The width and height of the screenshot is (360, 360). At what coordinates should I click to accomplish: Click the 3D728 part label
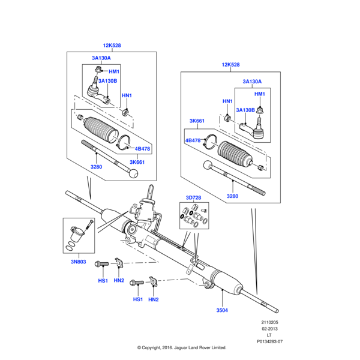click(194, 197)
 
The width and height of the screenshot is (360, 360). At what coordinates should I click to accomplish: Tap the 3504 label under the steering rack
click(222, 311)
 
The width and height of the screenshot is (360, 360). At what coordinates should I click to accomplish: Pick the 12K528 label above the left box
click(112, 46)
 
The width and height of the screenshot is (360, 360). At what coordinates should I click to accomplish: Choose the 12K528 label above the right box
click(230, 64)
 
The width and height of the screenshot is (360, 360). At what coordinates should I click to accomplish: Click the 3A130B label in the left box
click(108, 81)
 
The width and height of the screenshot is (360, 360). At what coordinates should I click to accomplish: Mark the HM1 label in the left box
click(114, 71)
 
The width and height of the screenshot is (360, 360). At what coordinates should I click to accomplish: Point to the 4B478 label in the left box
click(142, 149)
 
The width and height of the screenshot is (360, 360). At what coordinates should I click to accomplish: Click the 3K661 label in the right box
click(197, 121)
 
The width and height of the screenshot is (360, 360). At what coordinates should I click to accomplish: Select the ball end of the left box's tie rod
click(136, 173)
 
